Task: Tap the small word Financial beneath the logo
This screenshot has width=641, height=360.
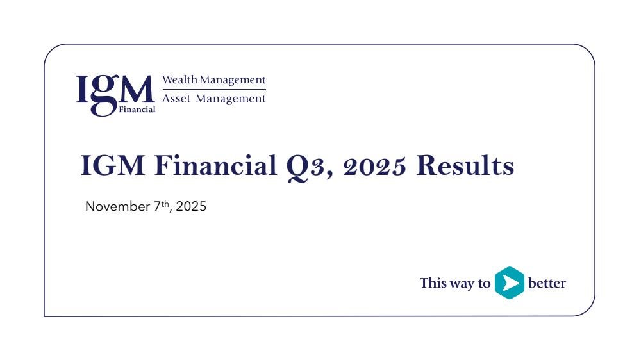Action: point(137,110)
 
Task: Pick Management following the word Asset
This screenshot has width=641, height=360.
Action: point(231,99)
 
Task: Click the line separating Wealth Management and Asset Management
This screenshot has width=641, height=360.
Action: point(214,89)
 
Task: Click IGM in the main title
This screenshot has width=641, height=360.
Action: point(113,165)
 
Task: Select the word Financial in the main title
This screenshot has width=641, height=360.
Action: point(216,165)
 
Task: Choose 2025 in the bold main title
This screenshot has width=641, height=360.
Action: point(374,166)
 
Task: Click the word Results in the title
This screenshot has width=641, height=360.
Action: point(465,165)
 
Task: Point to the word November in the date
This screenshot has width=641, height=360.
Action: point(118,206)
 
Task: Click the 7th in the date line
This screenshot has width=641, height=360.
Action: point(162,205)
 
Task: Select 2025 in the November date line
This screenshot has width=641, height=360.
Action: point(191,206)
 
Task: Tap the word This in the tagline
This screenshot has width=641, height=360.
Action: point(433,282)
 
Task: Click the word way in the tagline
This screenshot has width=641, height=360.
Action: point(462,284)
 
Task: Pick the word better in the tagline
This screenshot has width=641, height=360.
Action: point(547,282)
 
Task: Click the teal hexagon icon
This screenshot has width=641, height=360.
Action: point(510,282)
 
